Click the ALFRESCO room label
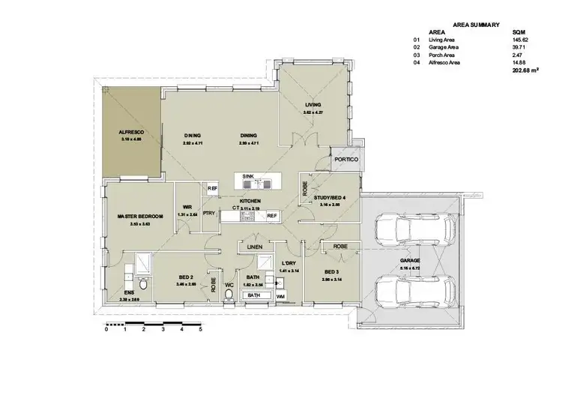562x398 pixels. tap(130, 132)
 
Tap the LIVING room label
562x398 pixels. tap(312, 104)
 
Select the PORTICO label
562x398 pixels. tap(347, 160)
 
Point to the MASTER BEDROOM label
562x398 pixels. tap(140, 217)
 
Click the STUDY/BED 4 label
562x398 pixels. tap(329, 197)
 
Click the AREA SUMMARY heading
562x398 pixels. tap(472, 24)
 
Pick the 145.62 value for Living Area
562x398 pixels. tap(519, 41)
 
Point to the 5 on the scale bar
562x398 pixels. tap(200, 328)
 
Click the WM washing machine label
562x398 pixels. tap(280, 298)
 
